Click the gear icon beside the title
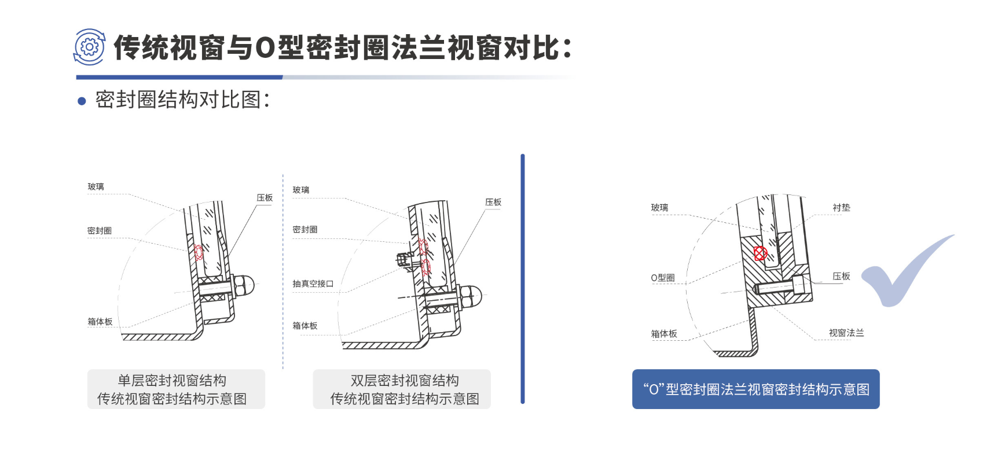[x=89, y=47]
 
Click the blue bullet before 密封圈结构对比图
[x=82, y=101]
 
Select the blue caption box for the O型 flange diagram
[x=755, y=389]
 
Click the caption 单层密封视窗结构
[x=172, y=380]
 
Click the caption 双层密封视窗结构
[x=405, y=380]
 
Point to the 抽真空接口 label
[x=313, y=283]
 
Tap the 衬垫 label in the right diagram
[x=841, y=207]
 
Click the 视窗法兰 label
[x=846, y=333]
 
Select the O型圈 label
[x=663, y=278]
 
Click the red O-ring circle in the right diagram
[x=760, y=253]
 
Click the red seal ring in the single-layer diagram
[x=199, y=252]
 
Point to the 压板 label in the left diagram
[x=265, y=198]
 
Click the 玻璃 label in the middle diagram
[x=301, y=190]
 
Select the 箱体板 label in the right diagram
[x=664, y=334]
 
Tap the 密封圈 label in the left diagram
[x=100, y=230]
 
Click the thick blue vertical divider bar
[x=522, y=279]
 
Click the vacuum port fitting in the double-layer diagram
[x=405, y=260]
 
